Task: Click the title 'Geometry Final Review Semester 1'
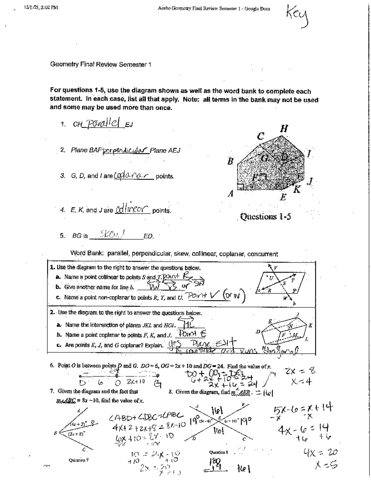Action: (x=100, y=65)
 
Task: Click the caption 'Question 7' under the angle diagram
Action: (x=79, y=460)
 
